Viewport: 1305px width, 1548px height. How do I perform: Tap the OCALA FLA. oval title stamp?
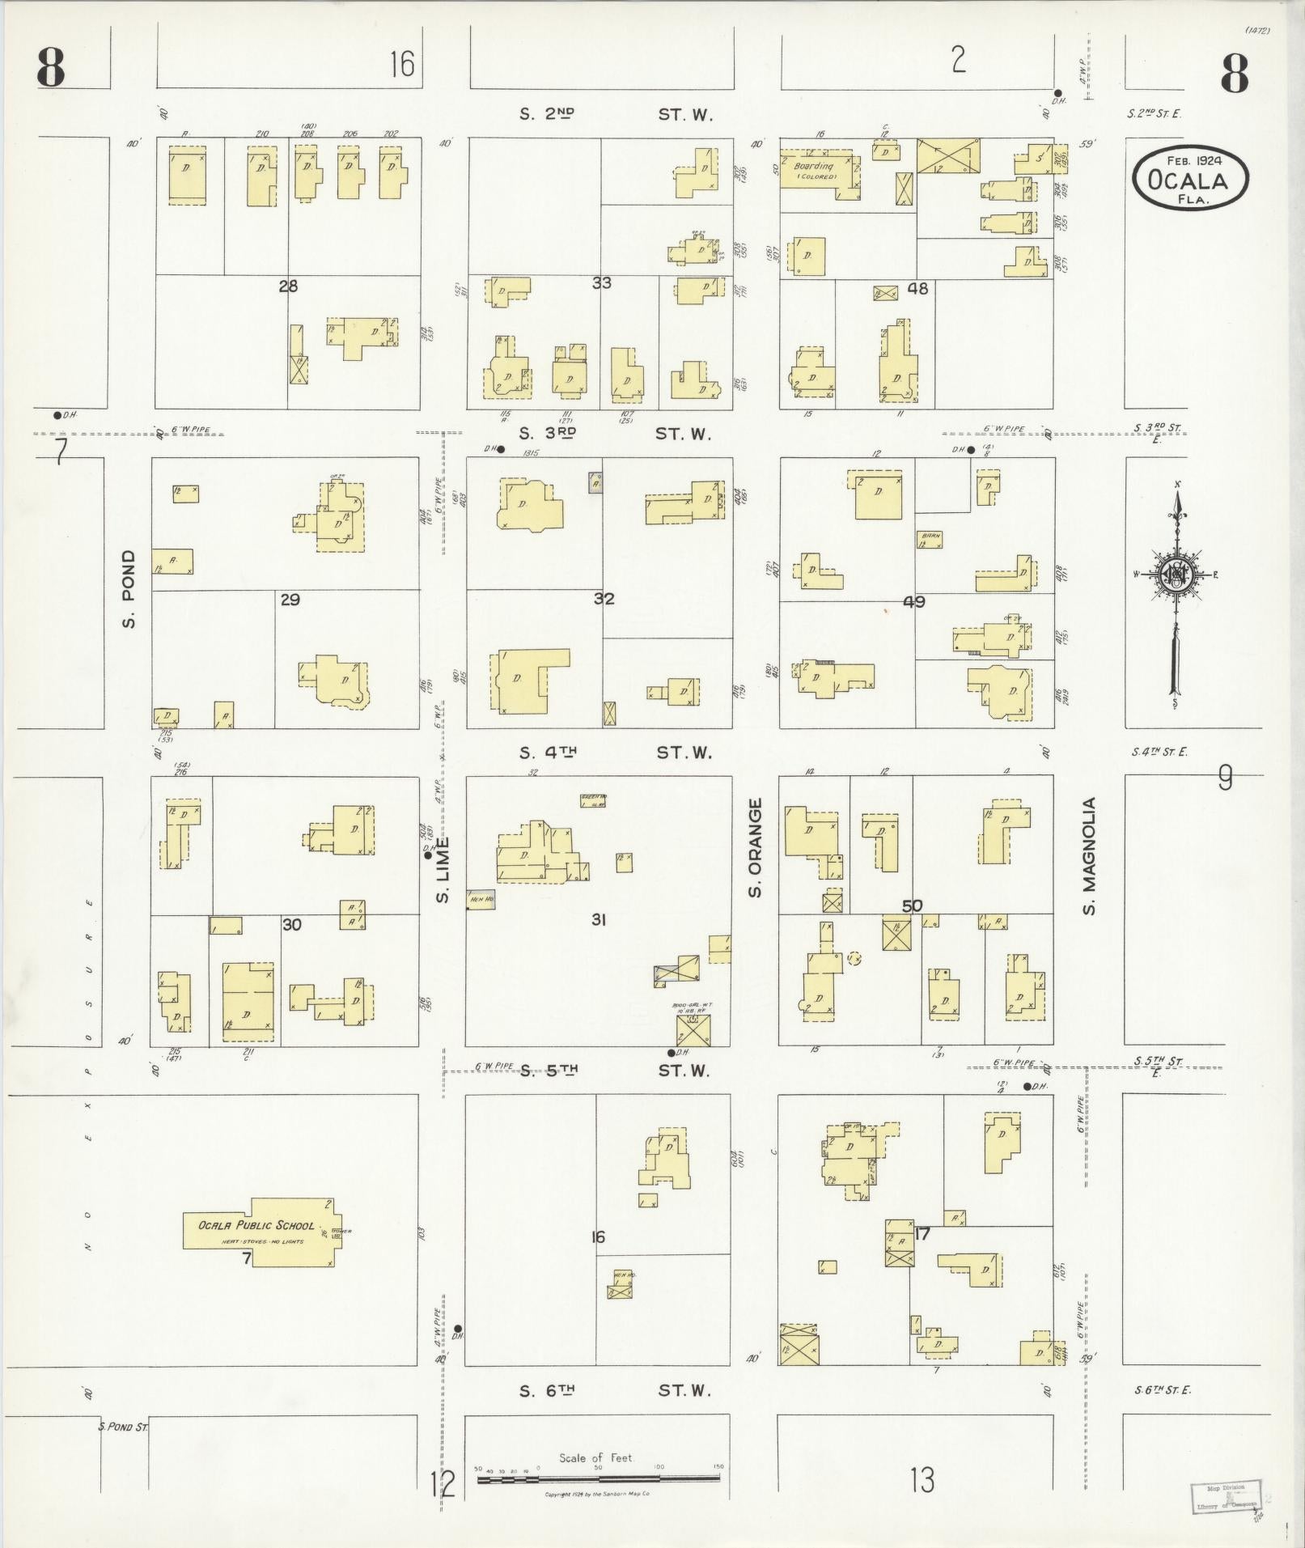pos(1190,180)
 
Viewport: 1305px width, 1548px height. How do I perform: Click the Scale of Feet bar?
pos(598,1478)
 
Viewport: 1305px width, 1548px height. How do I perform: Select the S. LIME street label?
pos(443,871)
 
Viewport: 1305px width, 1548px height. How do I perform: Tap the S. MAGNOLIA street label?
pos(1089,856)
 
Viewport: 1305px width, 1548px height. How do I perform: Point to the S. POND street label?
pos(129,589)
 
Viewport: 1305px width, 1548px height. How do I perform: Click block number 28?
pos(288,286)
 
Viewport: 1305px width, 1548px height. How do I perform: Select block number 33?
pos(601,282)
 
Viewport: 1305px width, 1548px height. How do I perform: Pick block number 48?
pos(917,288)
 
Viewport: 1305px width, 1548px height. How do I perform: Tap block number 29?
pos(290,600)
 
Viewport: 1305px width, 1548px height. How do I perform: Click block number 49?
pos(913,602)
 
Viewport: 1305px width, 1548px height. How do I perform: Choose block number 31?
pos(599,919)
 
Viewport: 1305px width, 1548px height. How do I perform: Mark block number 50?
pos(912,905)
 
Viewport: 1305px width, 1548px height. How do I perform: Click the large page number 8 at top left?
pos(50,69)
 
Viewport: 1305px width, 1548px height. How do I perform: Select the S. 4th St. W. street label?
pos(615,753)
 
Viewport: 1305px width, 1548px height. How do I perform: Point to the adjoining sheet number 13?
pos(922,1480)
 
